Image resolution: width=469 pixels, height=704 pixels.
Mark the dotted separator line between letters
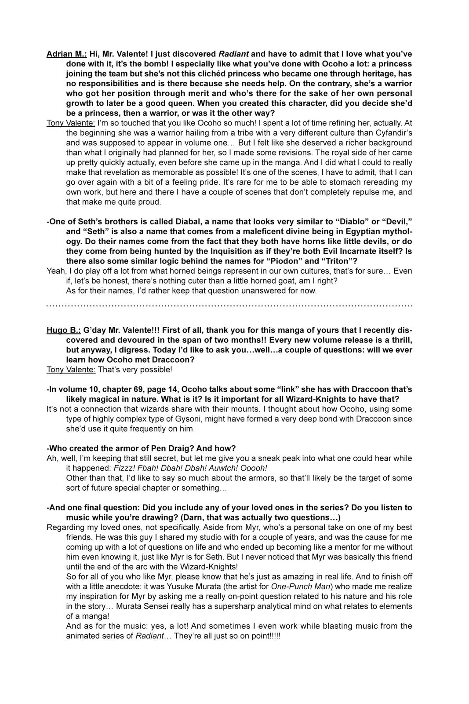tap(229, 305)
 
